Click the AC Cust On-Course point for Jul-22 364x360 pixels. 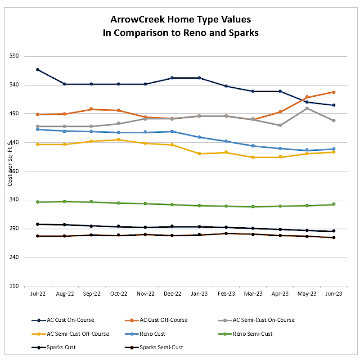38,70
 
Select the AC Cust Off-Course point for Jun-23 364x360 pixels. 333,92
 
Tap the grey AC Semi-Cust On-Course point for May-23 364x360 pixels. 306,108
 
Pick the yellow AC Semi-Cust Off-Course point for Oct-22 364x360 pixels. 118,139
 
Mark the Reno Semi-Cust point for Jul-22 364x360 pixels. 38,202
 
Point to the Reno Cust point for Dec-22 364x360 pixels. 172,131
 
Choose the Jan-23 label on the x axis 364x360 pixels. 199,293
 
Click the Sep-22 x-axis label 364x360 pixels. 91,293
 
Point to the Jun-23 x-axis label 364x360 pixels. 333,293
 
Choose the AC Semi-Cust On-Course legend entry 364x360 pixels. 263,320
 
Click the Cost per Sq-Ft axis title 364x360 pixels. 9,165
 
